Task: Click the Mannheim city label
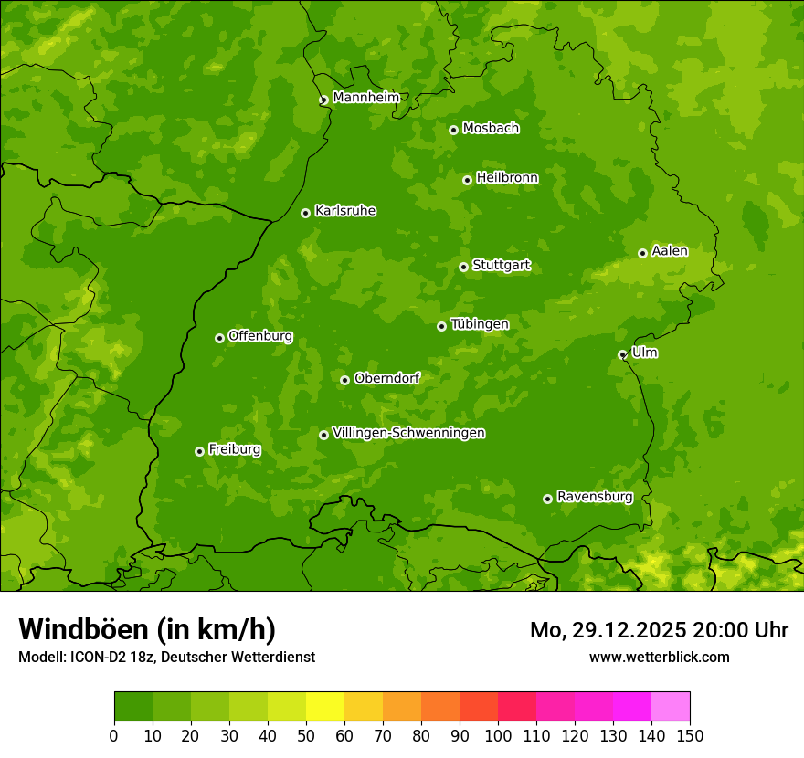pyautogui.click(x=365, y=98)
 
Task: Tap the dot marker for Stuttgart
pyautogui.click(x=463, y=267)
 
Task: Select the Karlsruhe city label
pyautogui.click(x=344, y=211)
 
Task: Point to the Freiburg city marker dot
pyautogui.click(x=199, y=451)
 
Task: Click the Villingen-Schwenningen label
pyautogui.click(x=408, y=433)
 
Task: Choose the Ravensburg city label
pyautogui.click(x=594, y=497)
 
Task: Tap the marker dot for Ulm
pyautogui.click(x=622, y=354)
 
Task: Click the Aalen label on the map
pyautogui.click(x=669, y=251)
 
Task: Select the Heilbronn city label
pyautogui.click(x=507, y=178)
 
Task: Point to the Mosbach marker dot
pyautogui.click(x=453, y=130)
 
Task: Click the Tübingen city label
pyautogui.click(x=479, y=324)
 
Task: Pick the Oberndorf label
pyautogui.click(x=386, y=378)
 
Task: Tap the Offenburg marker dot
pyautogui.click(x=219, y=338)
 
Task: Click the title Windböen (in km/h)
pyautogui.click(x=147, y=629)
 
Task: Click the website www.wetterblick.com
pyautogui.click(x=659, y=657)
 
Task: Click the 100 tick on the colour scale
pyautogui.click(x=498, y=735)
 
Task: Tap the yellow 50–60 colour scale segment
pyautogui.click(x=325, y=707)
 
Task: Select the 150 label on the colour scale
pyautogui.click(x=690, y=735)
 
